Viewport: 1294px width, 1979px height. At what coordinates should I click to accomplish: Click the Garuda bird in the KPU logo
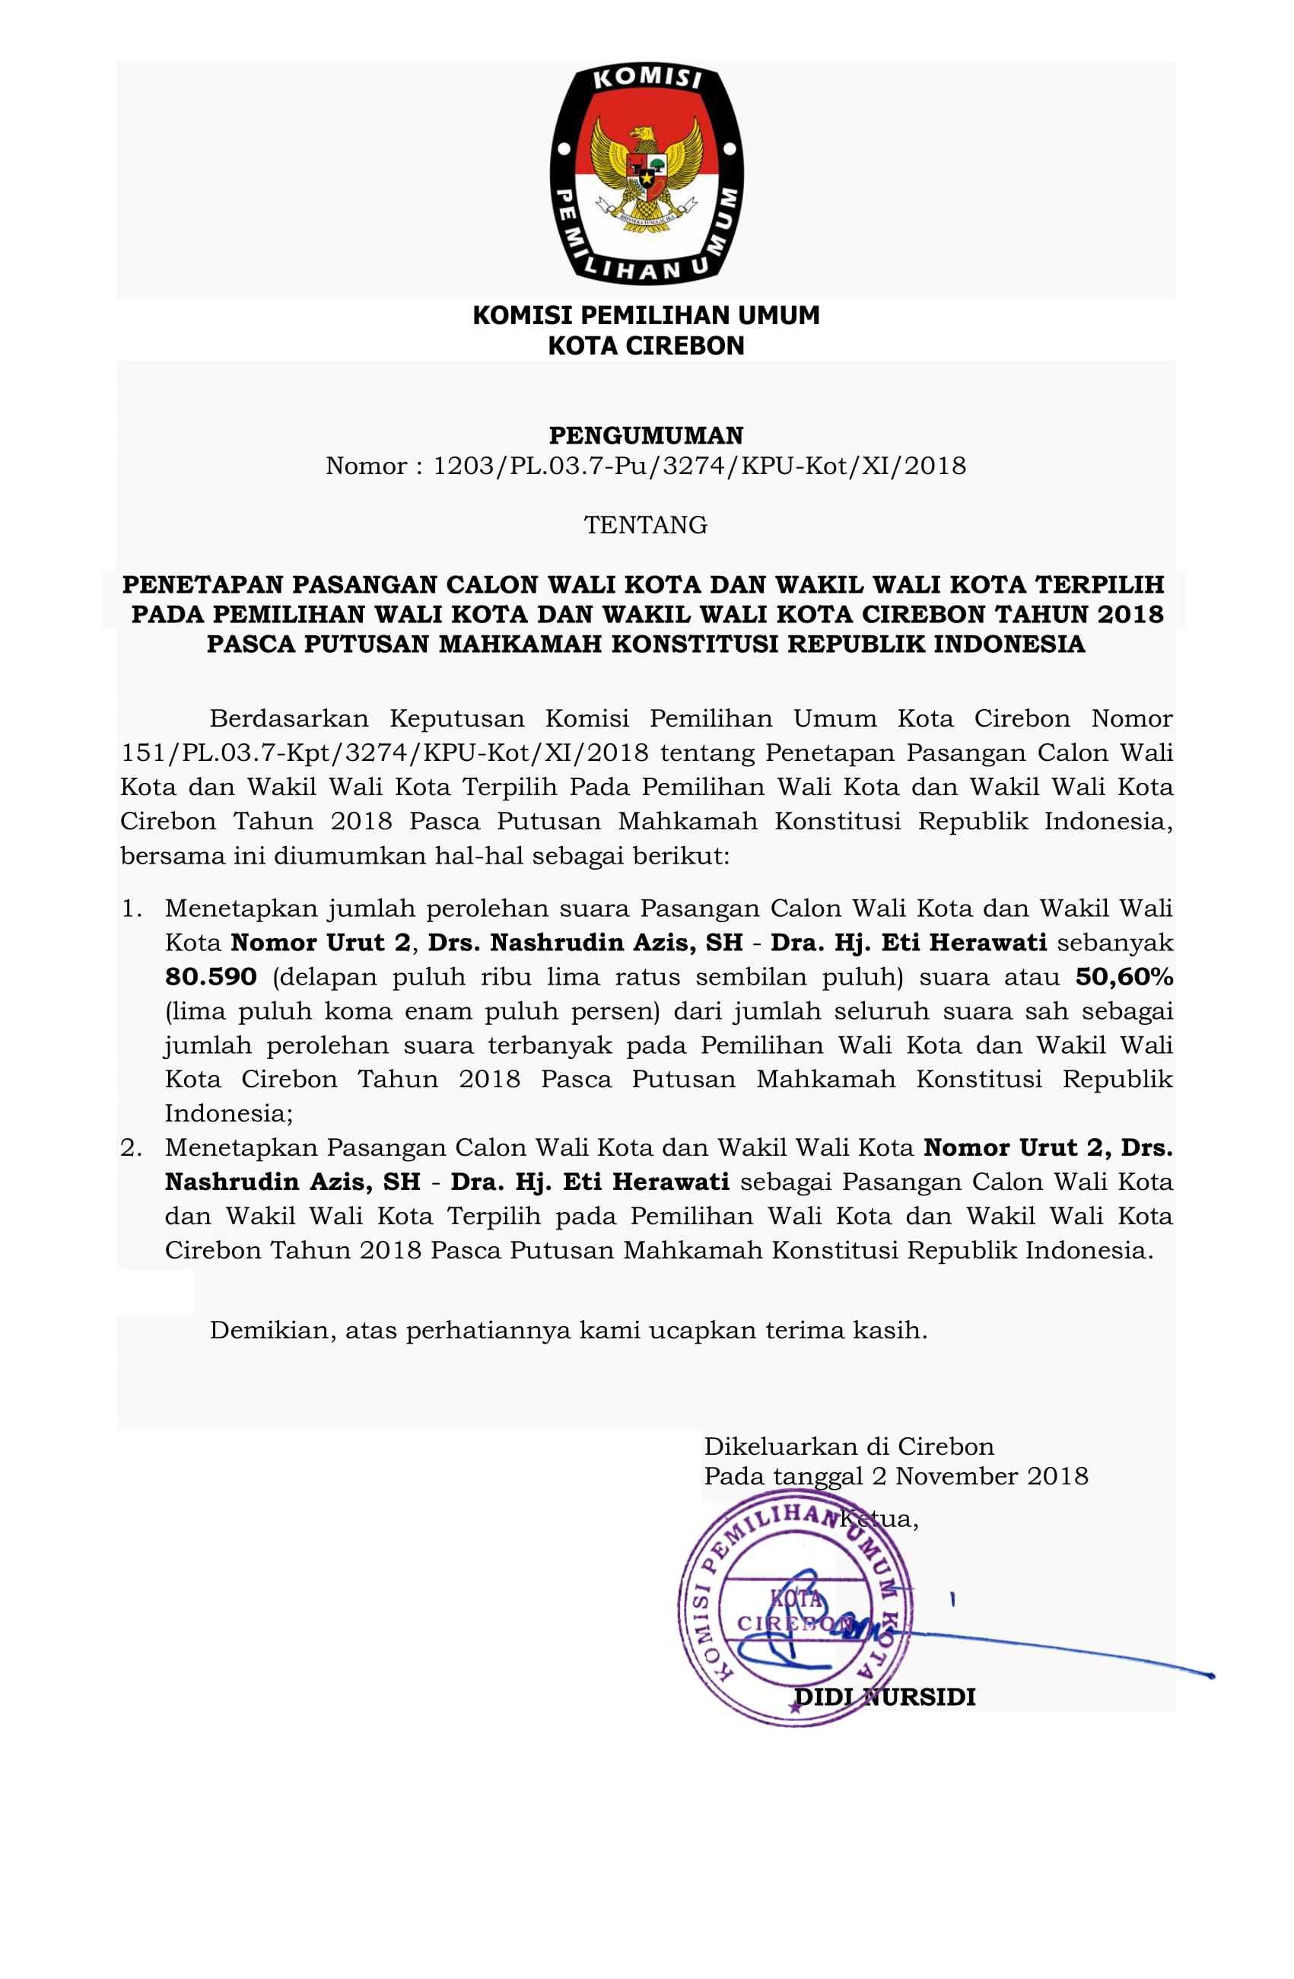coord(646,170)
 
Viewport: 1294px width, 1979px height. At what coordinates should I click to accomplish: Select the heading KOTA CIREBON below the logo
coord(646,346)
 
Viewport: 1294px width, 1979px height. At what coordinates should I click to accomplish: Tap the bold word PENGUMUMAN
coord(646,435)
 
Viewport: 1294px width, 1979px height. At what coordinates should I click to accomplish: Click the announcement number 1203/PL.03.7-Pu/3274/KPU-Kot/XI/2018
coord(698,466)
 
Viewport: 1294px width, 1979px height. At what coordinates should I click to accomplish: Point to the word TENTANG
coord(646,525)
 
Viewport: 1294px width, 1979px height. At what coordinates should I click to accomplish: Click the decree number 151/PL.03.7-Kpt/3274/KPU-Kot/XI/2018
coord(384,752)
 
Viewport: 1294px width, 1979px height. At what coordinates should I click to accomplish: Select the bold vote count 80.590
coord(211,976)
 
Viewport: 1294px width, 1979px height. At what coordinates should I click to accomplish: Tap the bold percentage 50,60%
coord(1124,976)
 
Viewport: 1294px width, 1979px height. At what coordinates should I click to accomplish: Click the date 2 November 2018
coord(980,1476)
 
